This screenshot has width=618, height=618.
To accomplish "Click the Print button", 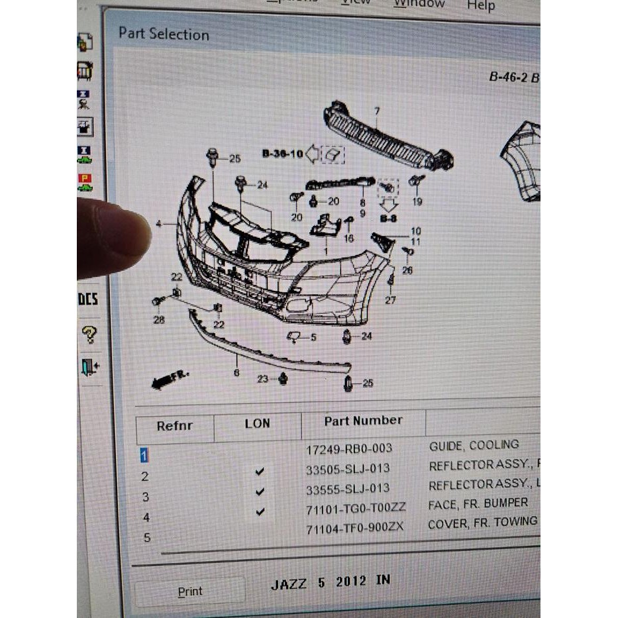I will [189, 591].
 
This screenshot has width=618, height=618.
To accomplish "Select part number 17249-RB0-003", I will [348, 448].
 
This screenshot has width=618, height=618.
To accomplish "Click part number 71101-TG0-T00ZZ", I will [356, 508].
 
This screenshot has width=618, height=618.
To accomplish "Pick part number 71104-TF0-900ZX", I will [354, 528].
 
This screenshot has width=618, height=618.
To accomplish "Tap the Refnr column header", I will [175, 426].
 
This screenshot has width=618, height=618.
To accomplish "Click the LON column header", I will [257, 423].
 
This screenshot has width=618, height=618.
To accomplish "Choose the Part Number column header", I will [363, 421].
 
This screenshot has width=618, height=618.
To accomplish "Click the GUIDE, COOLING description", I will [474, 445].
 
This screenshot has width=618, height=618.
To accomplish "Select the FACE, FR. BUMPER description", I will [478, 503].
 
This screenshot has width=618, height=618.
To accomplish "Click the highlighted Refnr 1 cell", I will [143, 455].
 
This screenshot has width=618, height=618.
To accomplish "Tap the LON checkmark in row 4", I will [260, 511].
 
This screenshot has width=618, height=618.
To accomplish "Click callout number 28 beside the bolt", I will [159, 320].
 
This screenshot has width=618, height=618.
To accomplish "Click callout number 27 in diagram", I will [390, 299].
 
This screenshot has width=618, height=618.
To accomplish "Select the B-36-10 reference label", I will [282, 154].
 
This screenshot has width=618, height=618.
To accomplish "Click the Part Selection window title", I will [164, 34].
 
